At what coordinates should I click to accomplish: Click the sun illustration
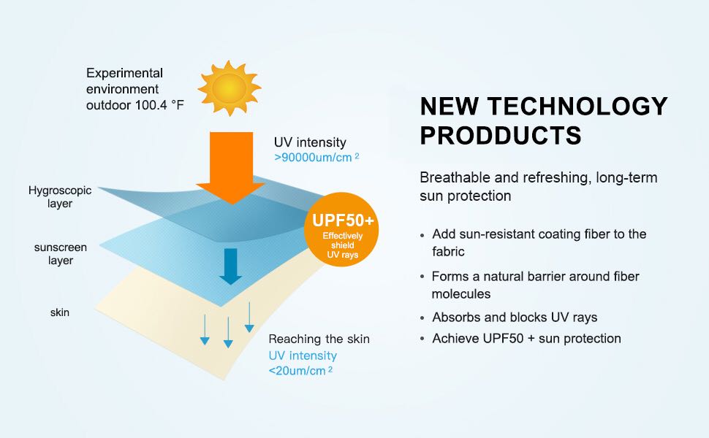click(229, 88)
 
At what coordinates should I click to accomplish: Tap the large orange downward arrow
click(230, 165)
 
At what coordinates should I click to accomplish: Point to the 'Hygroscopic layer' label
click(60, 197)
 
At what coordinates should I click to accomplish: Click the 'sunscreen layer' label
click(60, 253)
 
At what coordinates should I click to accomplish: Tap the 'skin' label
click(60, 313)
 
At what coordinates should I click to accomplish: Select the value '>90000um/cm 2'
click(316, 157)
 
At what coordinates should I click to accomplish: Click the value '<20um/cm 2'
click(301, 370)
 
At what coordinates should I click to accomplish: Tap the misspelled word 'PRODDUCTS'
click(501, 136)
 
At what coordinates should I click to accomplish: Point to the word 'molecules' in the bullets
click(461, 293)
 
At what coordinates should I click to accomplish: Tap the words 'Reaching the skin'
click(319, 339)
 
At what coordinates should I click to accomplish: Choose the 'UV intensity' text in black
click(310, 142)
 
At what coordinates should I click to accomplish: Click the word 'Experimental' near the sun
click(124, 73)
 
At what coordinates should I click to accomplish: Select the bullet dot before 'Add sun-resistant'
click(422, 236)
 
